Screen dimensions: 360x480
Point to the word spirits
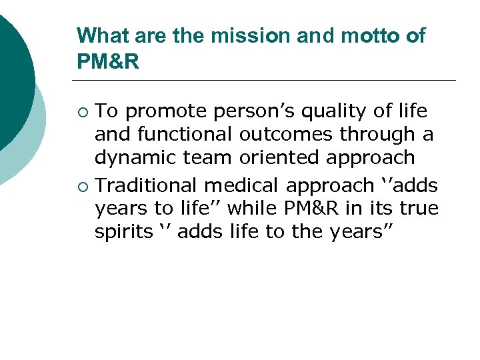[123, 233]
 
